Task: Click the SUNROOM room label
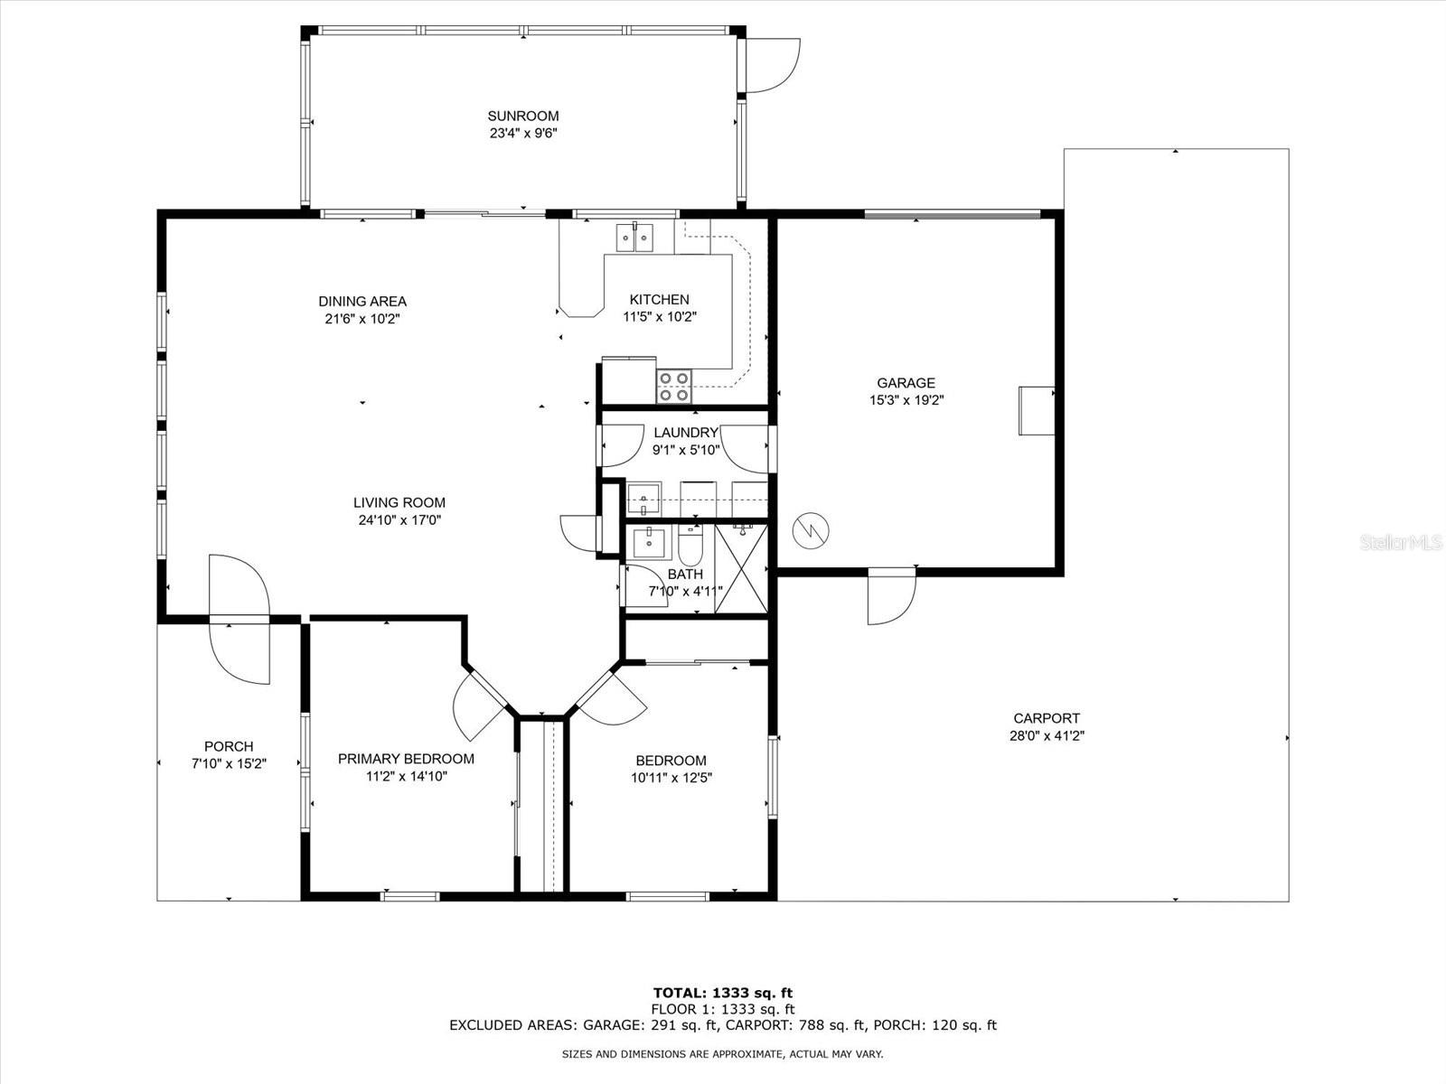tap(523, 116)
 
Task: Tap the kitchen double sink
tap(635, 238)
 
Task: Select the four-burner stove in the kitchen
tap(674, 387)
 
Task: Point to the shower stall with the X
tap(741, 569)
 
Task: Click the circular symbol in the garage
tap(811, 530)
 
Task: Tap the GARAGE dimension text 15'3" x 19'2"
tap(906, 400)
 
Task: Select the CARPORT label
tap(1047, 718)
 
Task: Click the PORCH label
tap(229, 746)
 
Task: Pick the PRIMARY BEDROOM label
tap(406, 759)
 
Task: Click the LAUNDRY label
tap(686, 433)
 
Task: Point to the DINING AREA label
tap(362, 302)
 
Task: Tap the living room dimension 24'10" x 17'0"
tap(399, 520)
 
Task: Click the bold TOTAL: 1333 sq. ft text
tap(723, 993)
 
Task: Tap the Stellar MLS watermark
tap(1401, 542)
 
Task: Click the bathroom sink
tap(649, 542)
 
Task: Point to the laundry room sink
tap(643, 500)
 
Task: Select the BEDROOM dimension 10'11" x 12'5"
tap(671, 778)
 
